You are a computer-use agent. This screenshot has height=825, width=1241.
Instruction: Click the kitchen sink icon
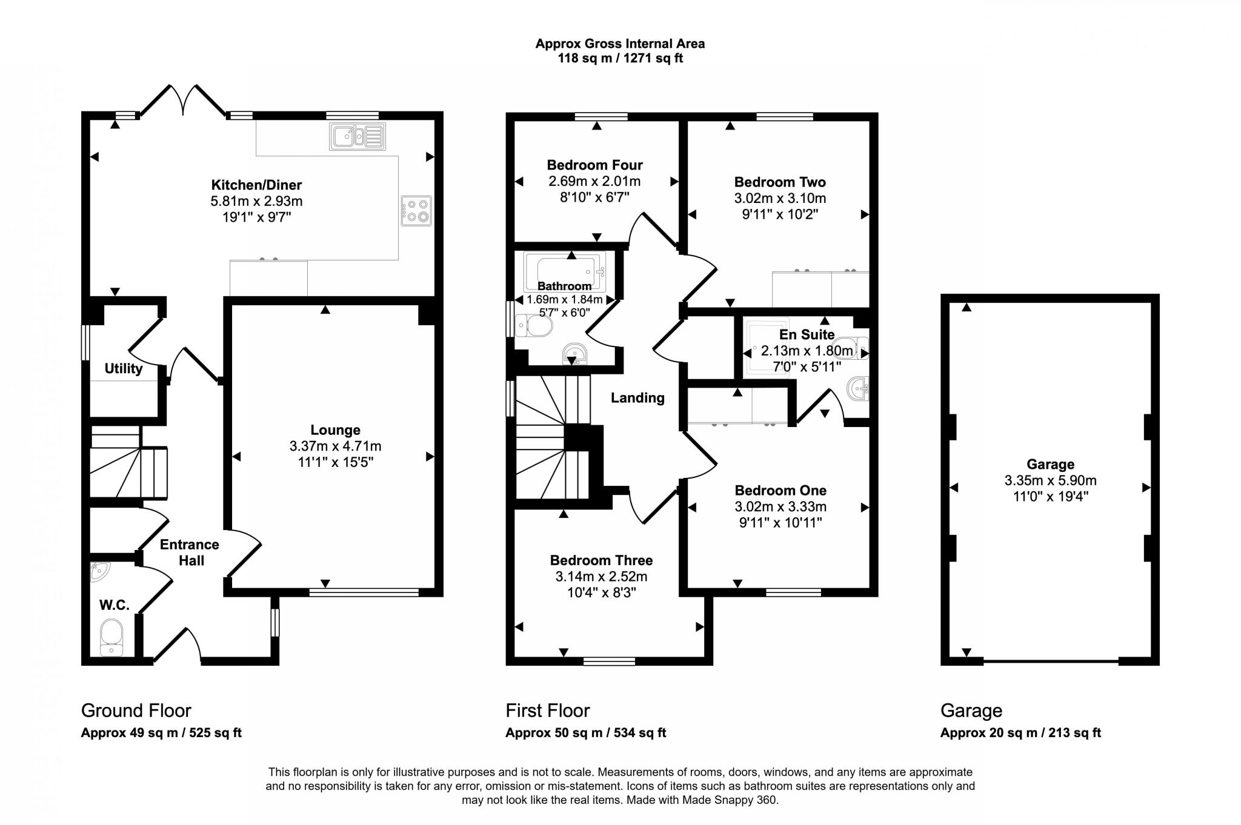click(358, 136)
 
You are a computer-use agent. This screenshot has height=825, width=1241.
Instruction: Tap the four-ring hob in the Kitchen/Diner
click(416, 211)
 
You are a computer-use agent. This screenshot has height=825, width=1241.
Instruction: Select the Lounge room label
click(335, 430)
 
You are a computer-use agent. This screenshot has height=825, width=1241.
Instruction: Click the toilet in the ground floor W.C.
click(111, 636)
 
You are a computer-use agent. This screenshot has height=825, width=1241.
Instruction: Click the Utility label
click(124, 368)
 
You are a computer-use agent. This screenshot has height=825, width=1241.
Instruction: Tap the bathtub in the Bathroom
click(564, 271)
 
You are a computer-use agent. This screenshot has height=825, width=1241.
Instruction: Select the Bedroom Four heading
click(594, 165)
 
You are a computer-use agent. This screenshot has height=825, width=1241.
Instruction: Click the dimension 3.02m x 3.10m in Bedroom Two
click(780, 198)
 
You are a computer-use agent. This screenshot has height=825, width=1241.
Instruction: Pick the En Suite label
click(807, 334)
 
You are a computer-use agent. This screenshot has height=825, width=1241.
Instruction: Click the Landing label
click(637, 398)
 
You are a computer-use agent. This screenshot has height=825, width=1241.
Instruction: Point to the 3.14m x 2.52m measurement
click(601, 577)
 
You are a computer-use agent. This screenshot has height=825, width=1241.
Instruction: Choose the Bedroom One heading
click(780, 490)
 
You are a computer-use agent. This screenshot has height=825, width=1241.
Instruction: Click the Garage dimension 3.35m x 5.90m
click(1050, 481)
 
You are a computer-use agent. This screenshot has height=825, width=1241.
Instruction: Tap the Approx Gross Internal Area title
click(620, 44)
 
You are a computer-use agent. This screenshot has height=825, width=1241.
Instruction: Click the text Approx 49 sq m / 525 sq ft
click(161, 733)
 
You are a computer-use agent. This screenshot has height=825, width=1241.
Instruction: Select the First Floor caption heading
click(548, 711)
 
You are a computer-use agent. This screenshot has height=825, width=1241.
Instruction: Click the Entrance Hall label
click(190, 552)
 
